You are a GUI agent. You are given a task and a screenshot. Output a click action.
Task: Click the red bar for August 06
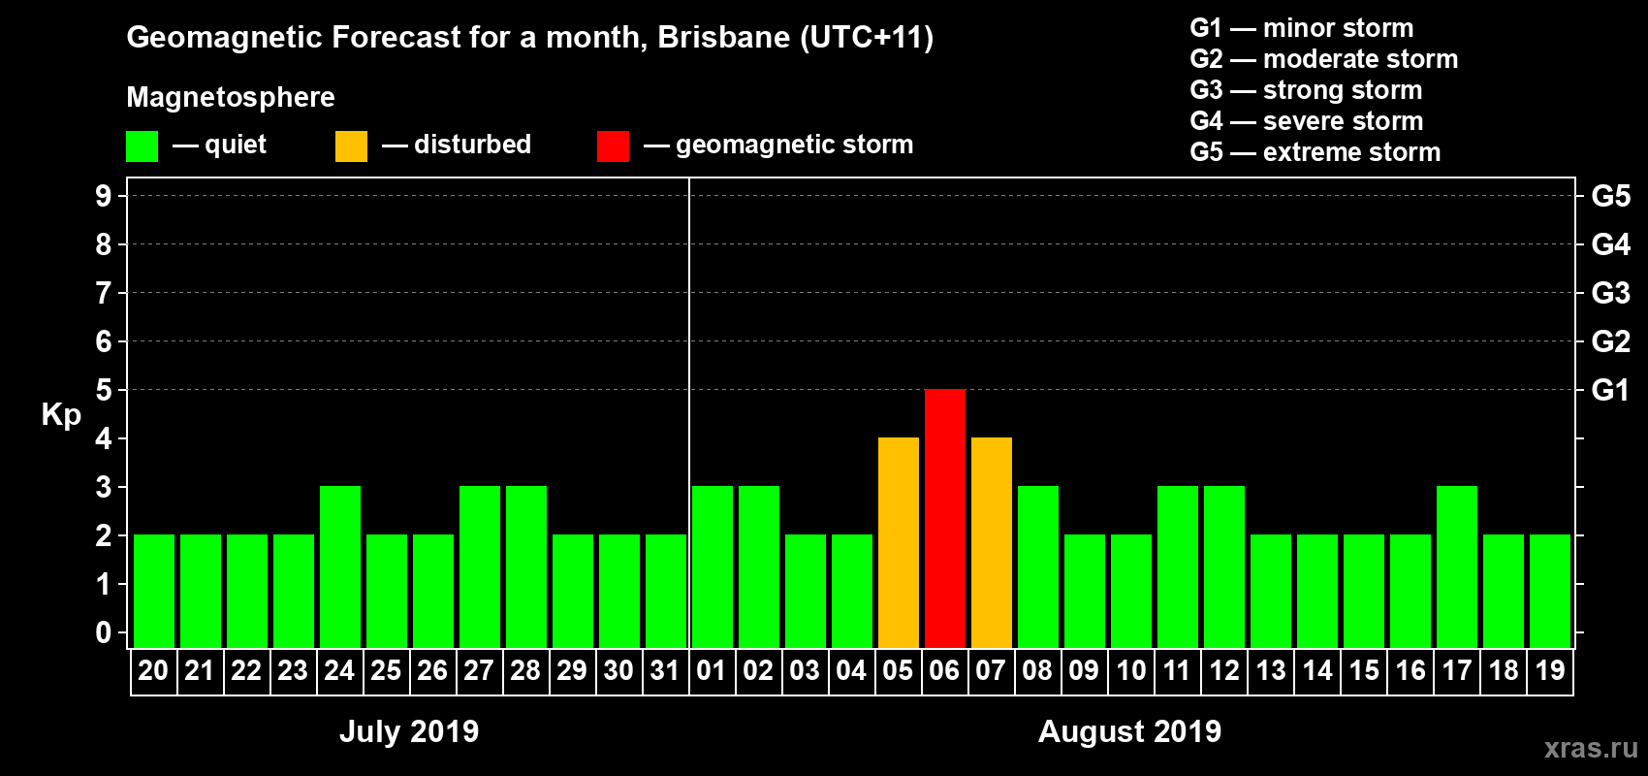(x=945, y=518)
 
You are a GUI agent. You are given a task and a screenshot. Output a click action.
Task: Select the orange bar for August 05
(x=899, y=542)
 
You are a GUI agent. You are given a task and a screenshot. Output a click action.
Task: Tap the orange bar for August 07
(x=992, y=542)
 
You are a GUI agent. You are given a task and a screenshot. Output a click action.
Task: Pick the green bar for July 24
(x=340, y=566)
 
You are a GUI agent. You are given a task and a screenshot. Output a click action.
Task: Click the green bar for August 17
(x=1457, y=566)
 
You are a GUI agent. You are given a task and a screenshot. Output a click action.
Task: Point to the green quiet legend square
(x=142, y=146)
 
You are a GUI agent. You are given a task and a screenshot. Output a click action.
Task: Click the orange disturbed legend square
(x=351, y=146)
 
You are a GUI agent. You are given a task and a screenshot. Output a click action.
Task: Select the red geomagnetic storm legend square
(x=613, y=146)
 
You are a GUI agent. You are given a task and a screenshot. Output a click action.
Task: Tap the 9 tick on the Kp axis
(x=104, y=196)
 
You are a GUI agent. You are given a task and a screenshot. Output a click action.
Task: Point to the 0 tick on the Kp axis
(x=104, y=633)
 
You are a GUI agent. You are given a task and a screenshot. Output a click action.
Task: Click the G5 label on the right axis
(x=1610, y=196)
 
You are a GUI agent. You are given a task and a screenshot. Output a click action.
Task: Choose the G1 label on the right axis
(x=1610, y=390)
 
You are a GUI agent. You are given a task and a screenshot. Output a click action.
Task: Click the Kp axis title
(x=61, y=415)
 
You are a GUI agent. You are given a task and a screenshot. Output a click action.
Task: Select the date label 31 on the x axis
(x=665, y=670)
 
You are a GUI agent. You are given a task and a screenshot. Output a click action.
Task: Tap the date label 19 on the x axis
(x=1550, y=670)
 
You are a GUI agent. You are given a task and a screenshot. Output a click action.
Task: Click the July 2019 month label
(x=409, y=731)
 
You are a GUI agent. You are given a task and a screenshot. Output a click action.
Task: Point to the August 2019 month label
(x=1129, y=731)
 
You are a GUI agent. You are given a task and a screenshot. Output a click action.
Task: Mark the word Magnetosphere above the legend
(x=231, y=97)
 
